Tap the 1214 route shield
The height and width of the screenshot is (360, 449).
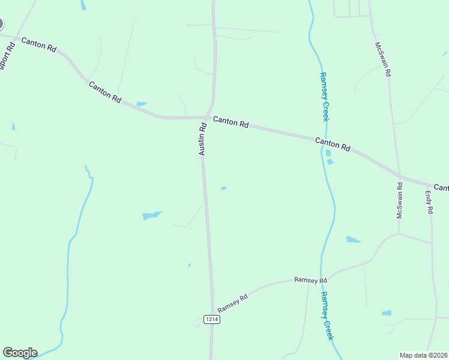pos(211,319)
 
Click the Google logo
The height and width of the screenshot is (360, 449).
pos(20,353)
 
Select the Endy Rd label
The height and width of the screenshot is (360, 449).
pos(429,203)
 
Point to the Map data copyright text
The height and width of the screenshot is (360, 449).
pos(424,355)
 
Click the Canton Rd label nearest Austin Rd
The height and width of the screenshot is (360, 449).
pos(231,122)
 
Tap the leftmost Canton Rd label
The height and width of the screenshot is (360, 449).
pos(38,45)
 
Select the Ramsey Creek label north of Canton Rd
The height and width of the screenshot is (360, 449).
pos(324,97)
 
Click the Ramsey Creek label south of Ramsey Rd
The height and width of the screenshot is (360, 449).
pos(326,316)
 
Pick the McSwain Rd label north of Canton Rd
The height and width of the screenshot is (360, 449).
pos(382,59)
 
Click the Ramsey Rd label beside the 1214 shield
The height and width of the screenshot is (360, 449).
pos(233,303)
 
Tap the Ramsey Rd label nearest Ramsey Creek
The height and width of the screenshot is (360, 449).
pos(310,280)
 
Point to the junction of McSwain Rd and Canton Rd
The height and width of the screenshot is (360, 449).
pos(400,176)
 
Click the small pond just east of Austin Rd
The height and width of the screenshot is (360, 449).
pos(223,188)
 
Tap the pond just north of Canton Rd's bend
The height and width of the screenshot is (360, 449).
pos(142,104)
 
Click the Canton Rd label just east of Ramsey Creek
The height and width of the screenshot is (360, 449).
pos(333,144)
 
